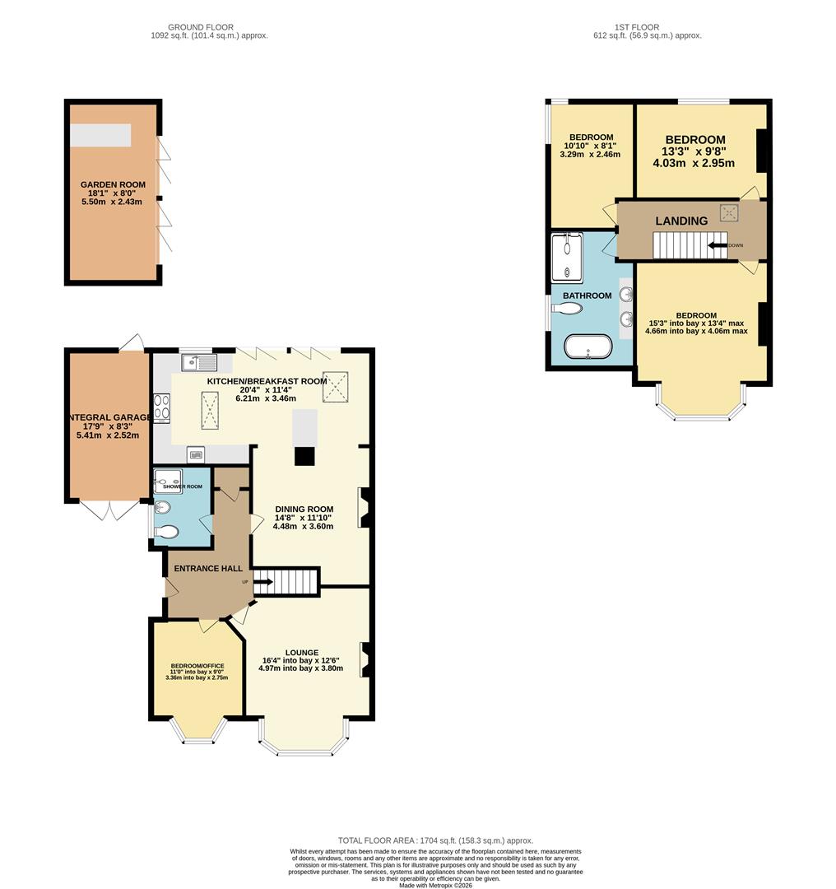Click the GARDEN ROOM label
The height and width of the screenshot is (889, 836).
pyautogui.click(x=113, y=185)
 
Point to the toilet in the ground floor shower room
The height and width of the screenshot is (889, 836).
pyautogui.click(x=165, y=532)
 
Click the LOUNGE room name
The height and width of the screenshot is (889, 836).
pyautogui.click(x=302, y=652)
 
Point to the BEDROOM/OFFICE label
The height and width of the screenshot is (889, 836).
pyautogui.click(x=197, y=666)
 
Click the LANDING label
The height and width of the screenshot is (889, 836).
pyautogui.click(x=680, y=221)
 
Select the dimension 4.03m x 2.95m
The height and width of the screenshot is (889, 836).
pyautogui.click(x=693, y=163)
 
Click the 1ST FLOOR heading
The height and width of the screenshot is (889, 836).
pyautogui.click(x=636, y=27)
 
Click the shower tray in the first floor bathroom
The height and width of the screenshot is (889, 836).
pyautogui.click(x=568, y=258)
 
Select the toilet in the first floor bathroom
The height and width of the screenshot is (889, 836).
pyautogui.click(x=568, y=308)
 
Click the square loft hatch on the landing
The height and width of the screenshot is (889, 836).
pyautogui.click(x=729, y=212)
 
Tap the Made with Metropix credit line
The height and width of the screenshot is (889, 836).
pyautogui.click(x=435, y=885)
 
